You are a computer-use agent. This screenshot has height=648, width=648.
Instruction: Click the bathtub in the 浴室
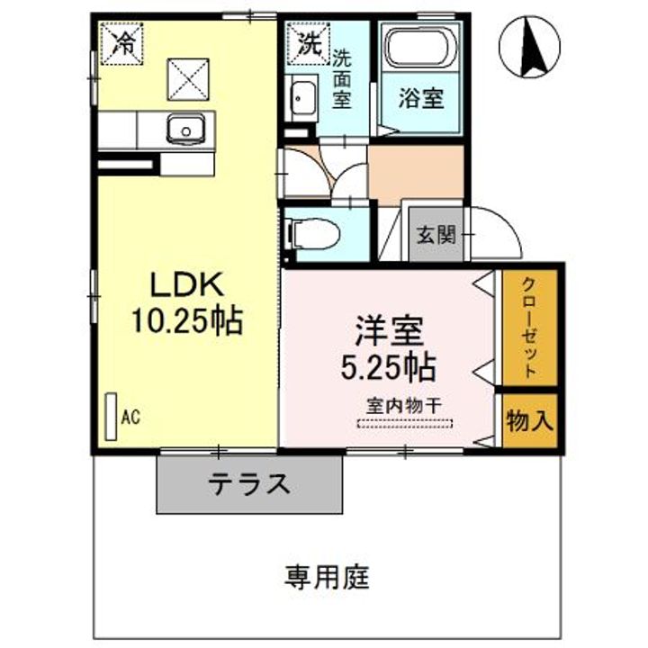click(x=420, y=50)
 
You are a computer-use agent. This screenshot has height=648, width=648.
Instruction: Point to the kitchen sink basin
click(x=188, y=130)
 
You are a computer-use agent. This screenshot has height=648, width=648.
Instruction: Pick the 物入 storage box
click(x=530, y=419)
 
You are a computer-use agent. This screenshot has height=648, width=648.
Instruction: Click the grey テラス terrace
click(x=251, y=482)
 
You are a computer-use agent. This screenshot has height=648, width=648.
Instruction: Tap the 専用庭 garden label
click(x=328, y=576)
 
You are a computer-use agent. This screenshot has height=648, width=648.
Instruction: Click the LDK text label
click(x=185, y=285)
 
